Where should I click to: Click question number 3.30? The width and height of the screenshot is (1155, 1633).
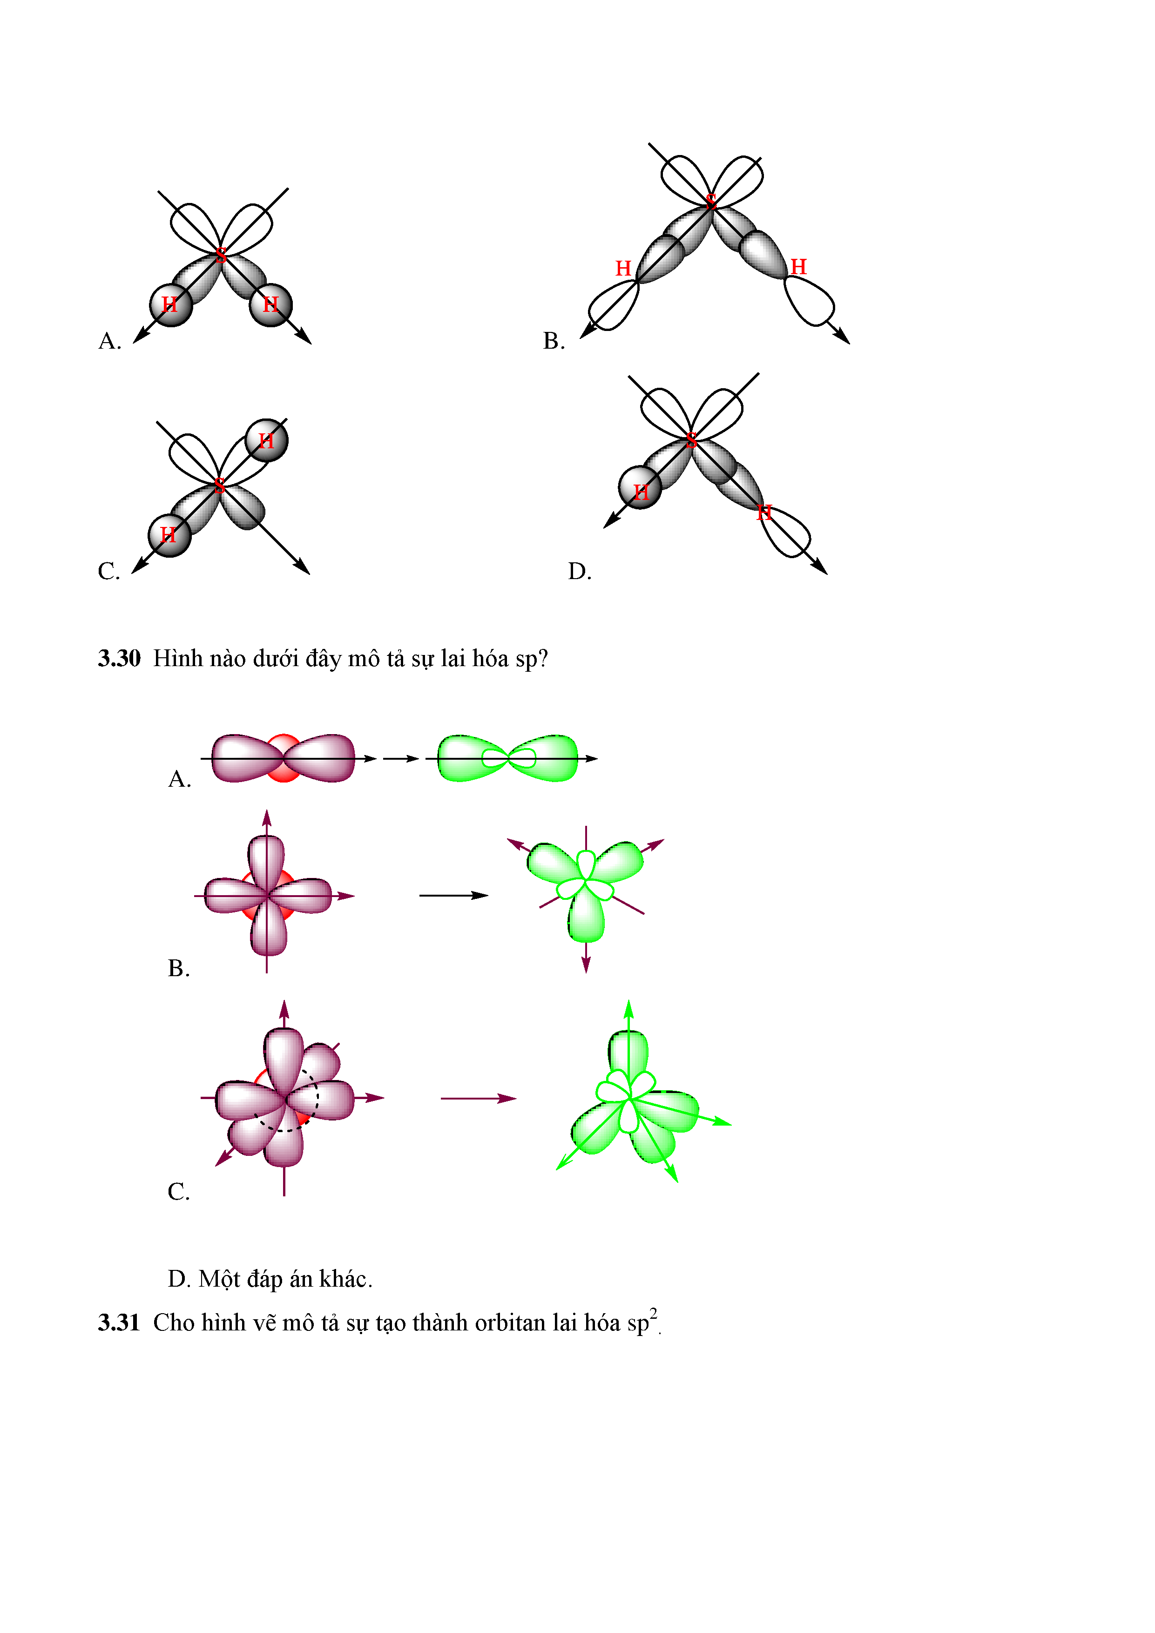(x=119, y=659)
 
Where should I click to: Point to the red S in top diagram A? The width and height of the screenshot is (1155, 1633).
(x=221, y=255)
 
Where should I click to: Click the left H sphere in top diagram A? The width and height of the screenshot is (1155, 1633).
(x=171, y=305)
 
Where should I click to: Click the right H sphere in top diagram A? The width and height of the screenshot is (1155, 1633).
(x=271, y=305)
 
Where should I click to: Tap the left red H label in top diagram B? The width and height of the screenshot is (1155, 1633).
(x=623, y=268)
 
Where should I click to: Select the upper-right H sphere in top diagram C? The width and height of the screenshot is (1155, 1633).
(x=267, y=441)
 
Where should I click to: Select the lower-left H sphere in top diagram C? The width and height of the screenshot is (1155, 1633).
(x=169, y=535)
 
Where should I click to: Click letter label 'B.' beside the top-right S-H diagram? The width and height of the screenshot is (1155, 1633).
(x=554, y=341)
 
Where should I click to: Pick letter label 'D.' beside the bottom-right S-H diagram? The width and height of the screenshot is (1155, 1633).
(x=580, y=572)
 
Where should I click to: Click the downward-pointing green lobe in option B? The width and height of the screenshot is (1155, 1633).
(x=586, y=918)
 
